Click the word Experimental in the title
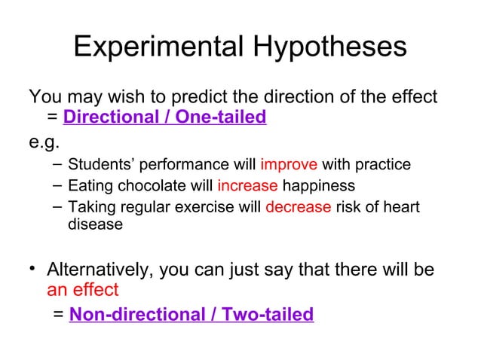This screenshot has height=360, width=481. [x=155, y=47]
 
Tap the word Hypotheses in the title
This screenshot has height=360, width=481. [x=325, y=48]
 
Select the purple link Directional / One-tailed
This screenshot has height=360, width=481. [x=165, y=117]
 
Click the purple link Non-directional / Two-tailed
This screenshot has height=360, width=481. [x=191, y=314]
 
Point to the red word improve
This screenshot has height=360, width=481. [x=289, y=165]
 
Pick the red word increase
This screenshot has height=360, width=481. [x=247, y=186]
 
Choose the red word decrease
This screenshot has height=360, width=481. [x=298, y=207]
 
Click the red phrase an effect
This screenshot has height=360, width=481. [x=83, y=290]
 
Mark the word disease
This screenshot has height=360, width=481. [x=95, y=224]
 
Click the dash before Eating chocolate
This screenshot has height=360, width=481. [x=58, y=185]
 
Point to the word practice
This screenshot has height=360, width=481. [x=384, y=165]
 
